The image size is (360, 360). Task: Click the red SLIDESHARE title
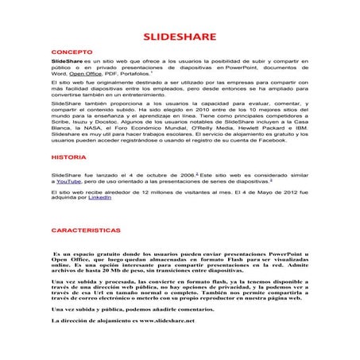point(180,37)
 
